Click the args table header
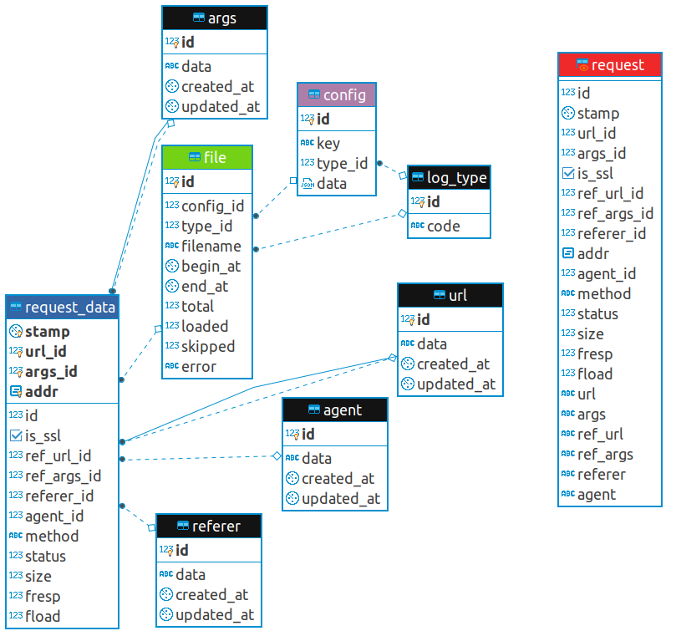[214, 18]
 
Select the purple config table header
[337, 94]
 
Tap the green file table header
[206, 157]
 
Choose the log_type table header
[449, 177]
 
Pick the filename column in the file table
[211, 246]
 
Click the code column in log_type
[444, 226]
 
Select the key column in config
[328, 143]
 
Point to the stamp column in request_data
[48, 331]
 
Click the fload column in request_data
[43, 616]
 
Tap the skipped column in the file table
[207, 346]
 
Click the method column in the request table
[603, 293]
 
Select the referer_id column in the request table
[611, 233]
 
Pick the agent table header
[334, 410]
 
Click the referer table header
[208, 526]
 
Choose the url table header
[450, 295]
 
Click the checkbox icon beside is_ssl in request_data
[15, 435]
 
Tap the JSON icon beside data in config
[308, 184]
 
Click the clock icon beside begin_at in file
[172, 266]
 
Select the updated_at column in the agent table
[340, 498]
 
